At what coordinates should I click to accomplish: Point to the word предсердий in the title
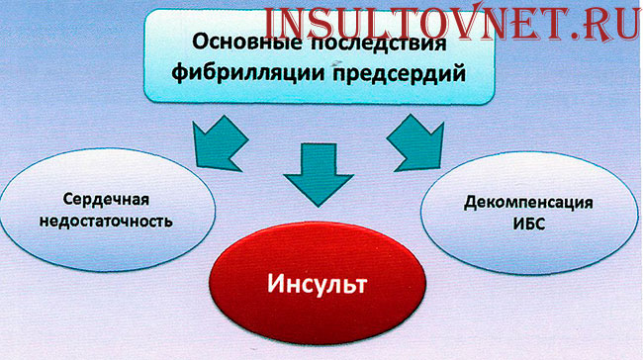pyautogui.click(x=386, y=74)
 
